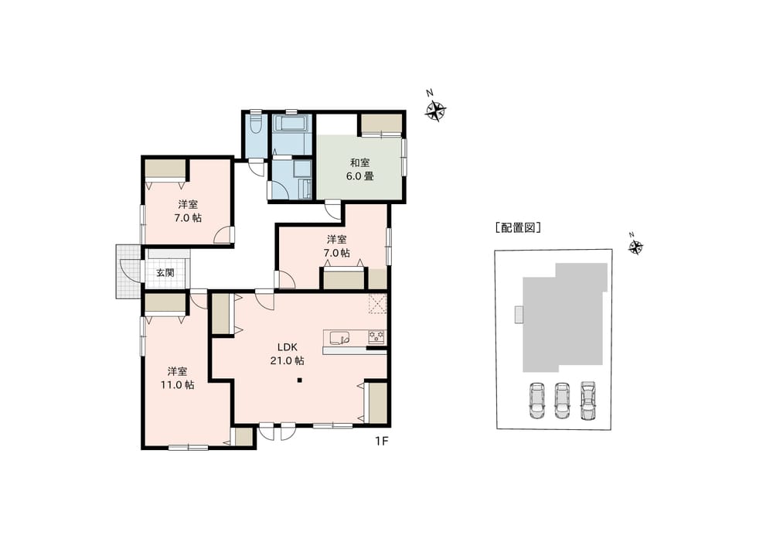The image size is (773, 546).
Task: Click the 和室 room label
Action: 360,162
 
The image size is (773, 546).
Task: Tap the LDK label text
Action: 287,347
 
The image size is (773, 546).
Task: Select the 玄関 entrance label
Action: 165,273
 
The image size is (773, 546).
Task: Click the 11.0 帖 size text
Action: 178,385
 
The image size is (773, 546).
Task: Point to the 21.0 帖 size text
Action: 287,360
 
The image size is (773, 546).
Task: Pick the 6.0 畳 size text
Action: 360,176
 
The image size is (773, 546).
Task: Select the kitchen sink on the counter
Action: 339,338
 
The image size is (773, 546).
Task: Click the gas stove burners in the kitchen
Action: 377,337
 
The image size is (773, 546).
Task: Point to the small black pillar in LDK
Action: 299,380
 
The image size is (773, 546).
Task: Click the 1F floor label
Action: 382,441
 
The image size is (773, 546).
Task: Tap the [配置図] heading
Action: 518,228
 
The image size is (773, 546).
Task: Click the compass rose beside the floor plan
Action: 435,111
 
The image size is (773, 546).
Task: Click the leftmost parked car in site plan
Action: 536,401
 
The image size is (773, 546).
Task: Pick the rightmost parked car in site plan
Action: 587,401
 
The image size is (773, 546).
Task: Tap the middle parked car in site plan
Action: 562,401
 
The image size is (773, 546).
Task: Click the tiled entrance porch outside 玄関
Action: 128,271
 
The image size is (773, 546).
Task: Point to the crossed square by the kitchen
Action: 377,303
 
